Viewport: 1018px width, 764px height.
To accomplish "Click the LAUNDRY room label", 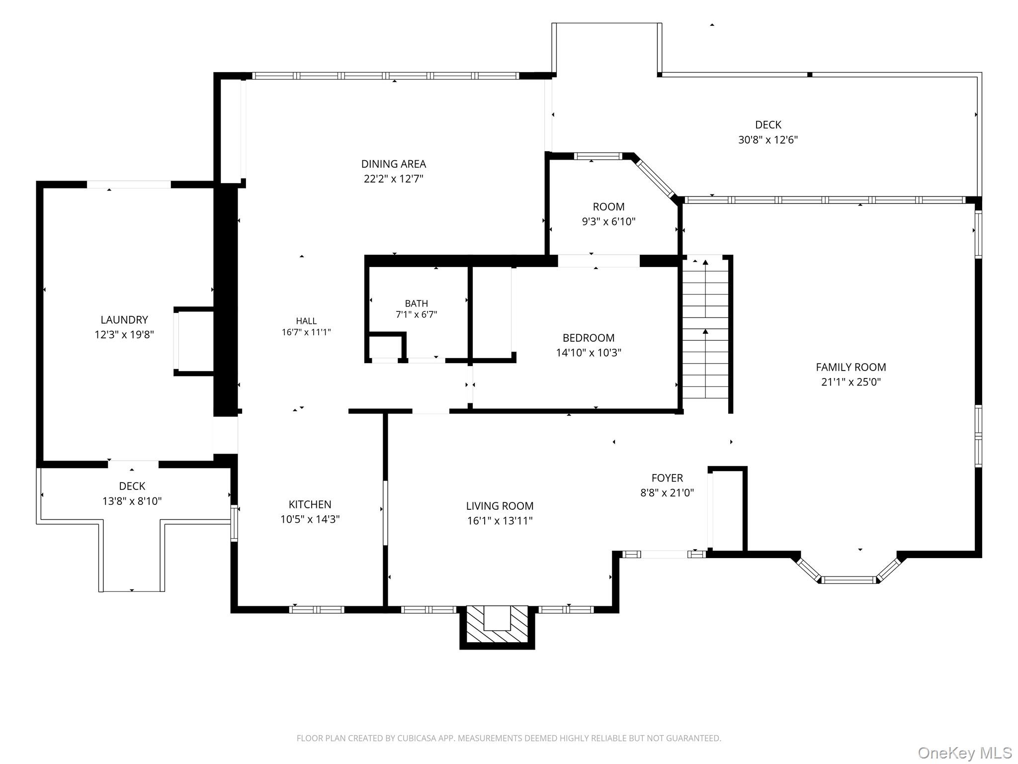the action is click(x=124, y=320).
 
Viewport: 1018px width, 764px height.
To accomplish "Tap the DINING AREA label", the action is click(x=394, y=164).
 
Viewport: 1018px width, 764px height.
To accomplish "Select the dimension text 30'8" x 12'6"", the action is click(x=768, y=140).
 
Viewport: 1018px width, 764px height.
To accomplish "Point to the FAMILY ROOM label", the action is click(x=851, y=367).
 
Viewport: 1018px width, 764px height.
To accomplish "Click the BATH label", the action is click(x=417, y=303).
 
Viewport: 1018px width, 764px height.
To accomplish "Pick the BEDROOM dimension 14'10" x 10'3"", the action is click(x=589, y=353).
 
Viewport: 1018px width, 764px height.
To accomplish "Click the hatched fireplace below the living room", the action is click(x=497, y=626).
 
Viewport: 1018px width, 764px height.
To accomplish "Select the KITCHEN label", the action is click(x=310, y=504).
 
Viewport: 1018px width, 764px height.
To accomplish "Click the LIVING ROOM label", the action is click(x=500, y=506).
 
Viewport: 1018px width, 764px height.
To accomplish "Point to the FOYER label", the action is click(x=667, y=478).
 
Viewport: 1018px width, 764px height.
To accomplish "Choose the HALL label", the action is click(x=306, y=321).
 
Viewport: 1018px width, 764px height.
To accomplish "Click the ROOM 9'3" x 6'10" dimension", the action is click(x=608, y=221).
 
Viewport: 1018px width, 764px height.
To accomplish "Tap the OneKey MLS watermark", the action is click(x=965, y=753).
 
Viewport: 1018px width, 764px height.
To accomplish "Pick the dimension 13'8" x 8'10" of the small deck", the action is click(x=132, y=501).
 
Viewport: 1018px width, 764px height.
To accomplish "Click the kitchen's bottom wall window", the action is click(x=317, y=609).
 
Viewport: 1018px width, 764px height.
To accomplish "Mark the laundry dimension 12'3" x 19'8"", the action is click(x=124, y=335).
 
